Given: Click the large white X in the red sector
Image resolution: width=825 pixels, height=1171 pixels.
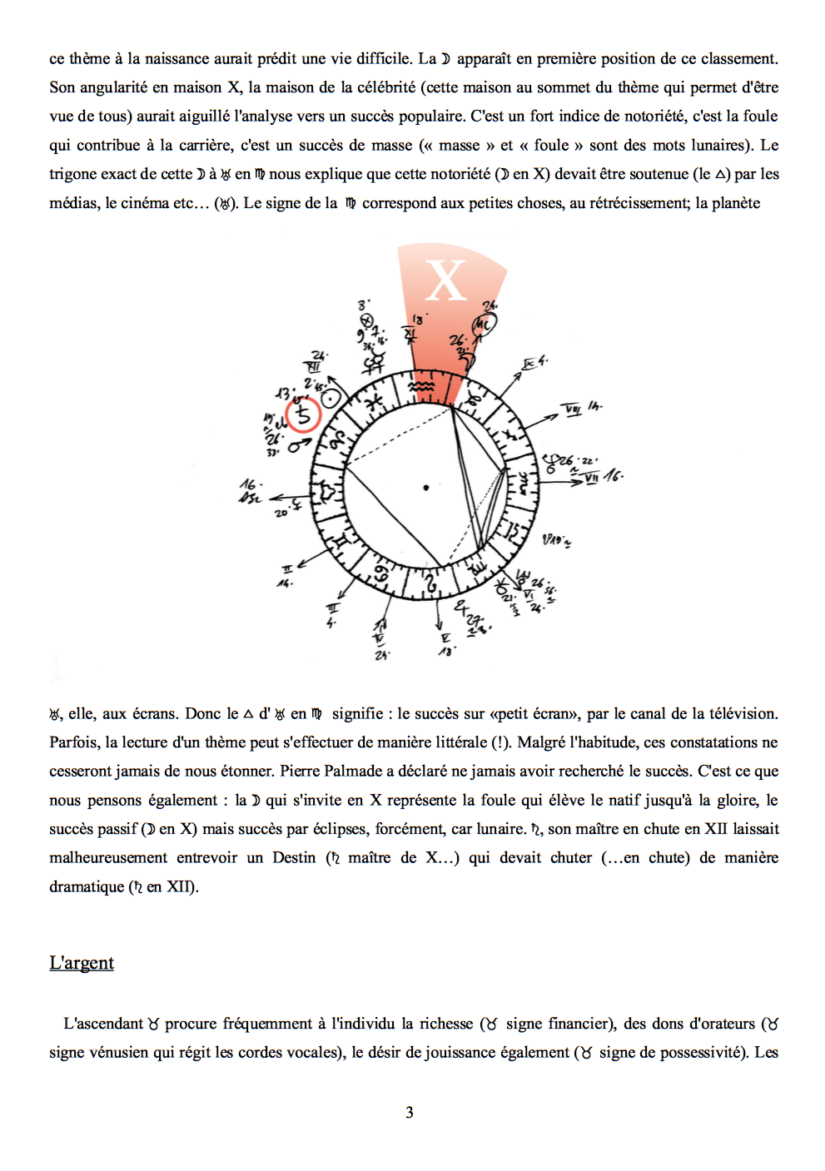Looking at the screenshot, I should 445,280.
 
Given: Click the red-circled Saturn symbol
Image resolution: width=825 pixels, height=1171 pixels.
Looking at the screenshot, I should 303,414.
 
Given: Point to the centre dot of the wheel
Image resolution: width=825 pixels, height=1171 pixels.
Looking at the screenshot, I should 426,487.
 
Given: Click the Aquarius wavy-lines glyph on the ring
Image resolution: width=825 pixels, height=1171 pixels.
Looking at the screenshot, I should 423,387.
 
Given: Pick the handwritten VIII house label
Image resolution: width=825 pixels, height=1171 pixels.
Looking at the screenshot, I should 573,409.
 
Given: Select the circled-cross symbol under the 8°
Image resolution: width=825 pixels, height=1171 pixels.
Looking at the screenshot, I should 364,320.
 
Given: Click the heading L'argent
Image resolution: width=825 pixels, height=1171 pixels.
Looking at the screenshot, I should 82,963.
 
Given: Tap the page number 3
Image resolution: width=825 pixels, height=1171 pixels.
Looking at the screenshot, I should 410,1112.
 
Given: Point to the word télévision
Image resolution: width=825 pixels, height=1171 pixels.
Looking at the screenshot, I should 736,713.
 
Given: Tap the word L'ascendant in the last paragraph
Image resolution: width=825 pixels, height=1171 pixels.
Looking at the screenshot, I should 103,1023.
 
